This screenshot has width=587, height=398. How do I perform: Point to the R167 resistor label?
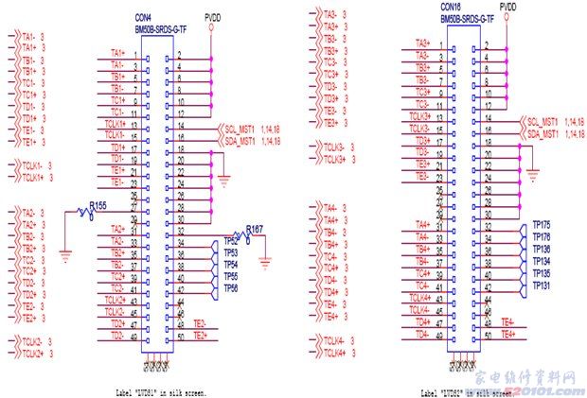point(254,230)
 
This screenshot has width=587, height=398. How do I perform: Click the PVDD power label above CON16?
point(507,7)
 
